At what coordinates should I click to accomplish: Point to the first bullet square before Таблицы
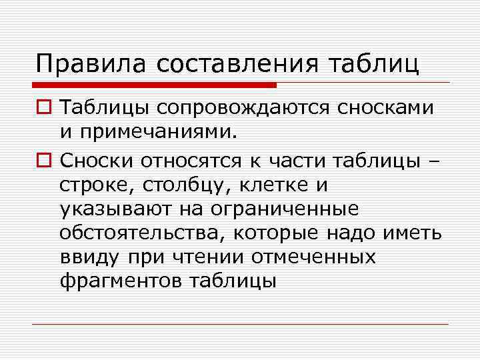point(43,108)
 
